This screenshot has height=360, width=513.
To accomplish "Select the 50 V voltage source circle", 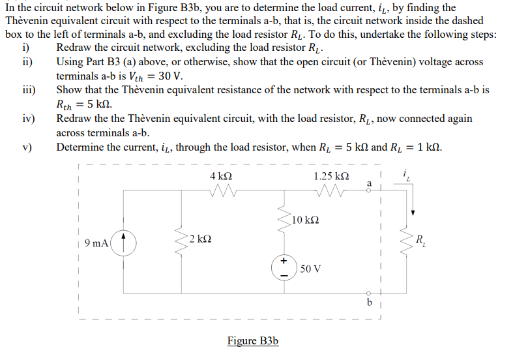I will click(x=284, y=269).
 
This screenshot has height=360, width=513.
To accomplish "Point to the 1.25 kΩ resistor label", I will click(x=330, y=177).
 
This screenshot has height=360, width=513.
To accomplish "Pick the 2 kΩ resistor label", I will click(x=200, y=238).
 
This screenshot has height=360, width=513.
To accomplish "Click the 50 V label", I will click(x=311, y=269).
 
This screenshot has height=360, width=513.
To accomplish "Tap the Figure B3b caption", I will click(x=253, y=341).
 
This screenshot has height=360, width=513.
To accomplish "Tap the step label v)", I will click(x=27, y=147).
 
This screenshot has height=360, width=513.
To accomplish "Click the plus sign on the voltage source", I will click(x=284, y=261).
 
